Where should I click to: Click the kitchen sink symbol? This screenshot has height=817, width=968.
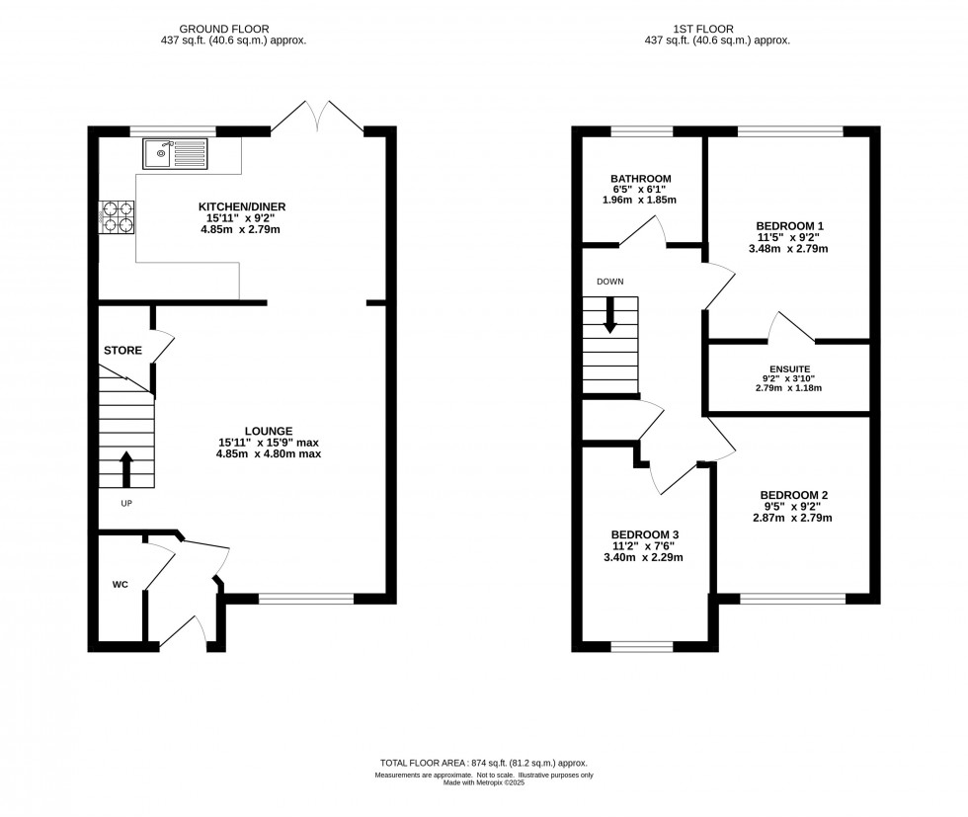pyautogui.click(x=174, y=152)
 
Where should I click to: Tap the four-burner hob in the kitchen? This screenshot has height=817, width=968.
pyautogui.click(x=116, y=216)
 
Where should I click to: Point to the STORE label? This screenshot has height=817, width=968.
pyautogui.click(x=123, y=351)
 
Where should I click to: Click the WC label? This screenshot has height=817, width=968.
pyautogui.click(x=121, y=585)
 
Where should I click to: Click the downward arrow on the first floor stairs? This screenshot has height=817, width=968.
pyautogui.click(x=609, y=316)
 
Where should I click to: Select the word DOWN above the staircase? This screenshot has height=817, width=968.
pyautogui.click(x=609, y=282)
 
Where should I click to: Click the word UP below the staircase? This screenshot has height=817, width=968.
pyautogui.click(x=126, y=503)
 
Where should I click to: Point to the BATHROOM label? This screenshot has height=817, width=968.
pyautogui.click(x=640, y=179)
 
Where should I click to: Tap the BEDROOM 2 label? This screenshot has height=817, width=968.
pyautogui.click(x=794, y=495)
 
